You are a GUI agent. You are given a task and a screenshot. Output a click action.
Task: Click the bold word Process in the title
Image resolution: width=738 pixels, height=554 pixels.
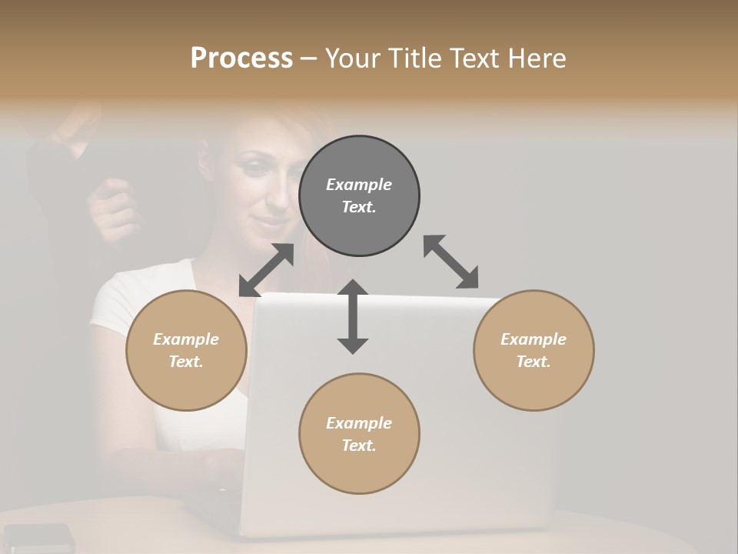point(241,58)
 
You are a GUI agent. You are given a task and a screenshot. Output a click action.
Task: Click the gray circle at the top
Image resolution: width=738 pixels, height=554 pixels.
point(359,196)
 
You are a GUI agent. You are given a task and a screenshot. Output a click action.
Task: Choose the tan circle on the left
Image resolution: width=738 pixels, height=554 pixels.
point(186,350)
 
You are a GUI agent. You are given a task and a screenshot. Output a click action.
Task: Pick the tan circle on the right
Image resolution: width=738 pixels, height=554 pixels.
point(534,350)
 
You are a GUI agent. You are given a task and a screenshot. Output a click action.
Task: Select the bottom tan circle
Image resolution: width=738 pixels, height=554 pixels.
point(359,434)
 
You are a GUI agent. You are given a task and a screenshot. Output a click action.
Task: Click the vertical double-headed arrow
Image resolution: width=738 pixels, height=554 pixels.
point(353,316)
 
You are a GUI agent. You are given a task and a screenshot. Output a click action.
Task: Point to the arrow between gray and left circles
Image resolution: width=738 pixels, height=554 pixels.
point(266,270)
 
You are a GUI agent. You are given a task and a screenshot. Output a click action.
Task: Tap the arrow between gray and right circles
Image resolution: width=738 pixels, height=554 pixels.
point(451,262)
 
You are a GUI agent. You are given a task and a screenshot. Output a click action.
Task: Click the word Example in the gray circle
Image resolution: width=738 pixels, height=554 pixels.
point(359,185)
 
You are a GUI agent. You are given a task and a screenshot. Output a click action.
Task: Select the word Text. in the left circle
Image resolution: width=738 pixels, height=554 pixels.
point(186,362)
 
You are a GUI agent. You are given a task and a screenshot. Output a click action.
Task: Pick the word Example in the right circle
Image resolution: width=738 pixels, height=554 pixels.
point(534,339)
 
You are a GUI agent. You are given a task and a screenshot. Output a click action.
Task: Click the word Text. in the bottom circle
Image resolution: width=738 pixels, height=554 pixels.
point(359,446)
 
